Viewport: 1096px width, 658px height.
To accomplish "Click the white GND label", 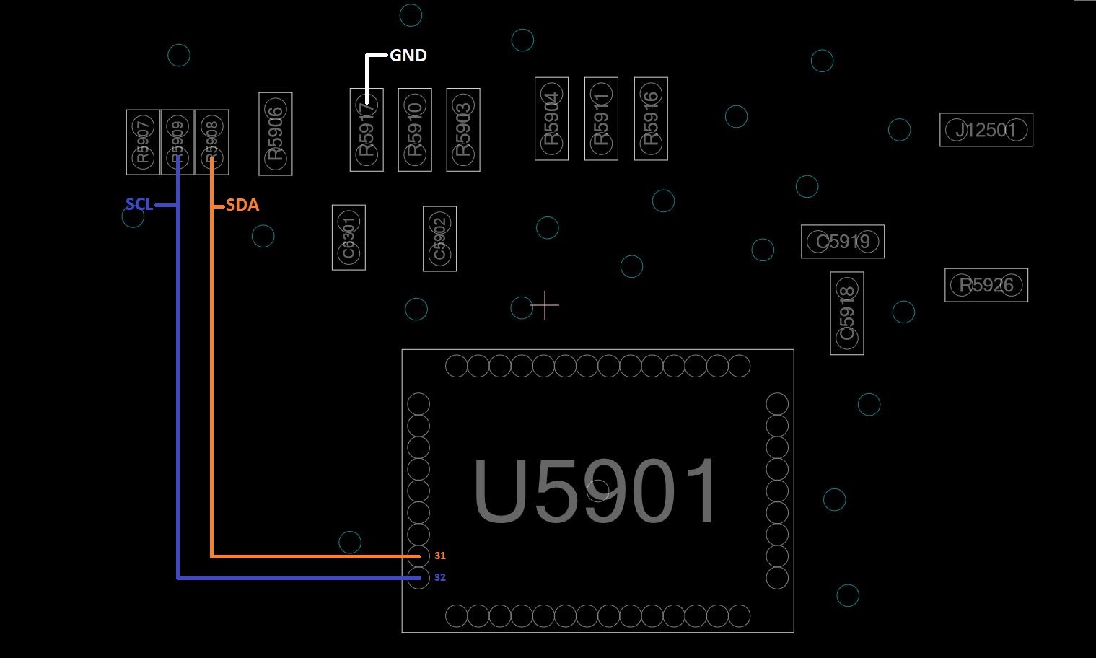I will (408, 56).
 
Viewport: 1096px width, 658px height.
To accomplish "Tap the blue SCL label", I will (139, 205).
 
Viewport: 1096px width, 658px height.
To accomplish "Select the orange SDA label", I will (242, 206).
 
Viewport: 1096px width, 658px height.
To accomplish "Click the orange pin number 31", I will (440, 556).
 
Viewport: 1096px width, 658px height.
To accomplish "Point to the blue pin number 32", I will (440, 578).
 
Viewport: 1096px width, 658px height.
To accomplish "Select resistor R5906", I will (276, 133).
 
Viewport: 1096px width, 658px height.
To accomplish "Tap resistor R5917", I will (367, 130).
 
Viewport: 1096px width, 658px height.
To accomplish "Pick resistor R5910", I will (415, 130).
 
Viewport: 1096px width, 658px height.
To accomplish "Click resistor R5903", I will (463, 130).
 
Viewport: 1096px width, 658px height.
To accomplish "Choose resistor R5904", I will (551, 118).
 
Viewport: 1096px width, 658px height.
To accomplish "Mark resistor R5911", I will (601, 118).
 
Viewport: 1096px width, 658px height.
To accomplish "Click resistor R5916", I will (651, 118).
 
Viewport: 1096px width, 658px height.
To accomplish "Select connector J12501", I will (986, 130).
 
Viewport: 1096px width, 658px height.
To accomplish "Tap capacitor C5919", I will (843, 242).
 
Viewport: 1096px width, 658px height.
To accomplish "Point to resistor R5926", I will (986, 285).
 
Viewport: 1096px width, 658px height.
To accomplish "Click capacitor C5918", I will (847, 313).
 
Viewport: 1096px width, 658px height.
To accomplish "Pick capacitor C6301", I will (348, 237).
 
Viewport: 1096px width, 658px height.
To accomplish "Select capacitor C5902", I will (439, 239).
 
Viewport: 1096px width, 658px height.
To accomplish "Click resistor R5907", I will (143, 142).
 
